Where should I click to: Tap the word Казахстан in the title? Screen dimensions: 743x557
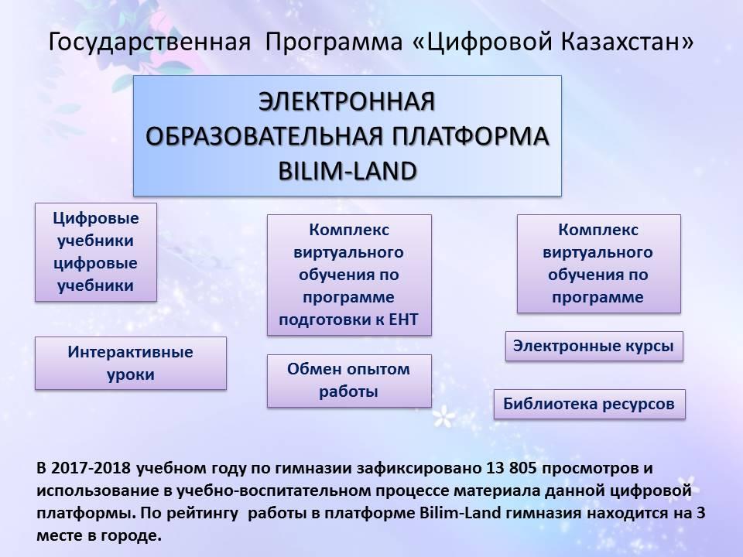pyautogui.click(x=628, y=42)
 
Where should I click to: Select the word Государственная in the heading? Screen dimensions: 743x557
pyautogui.click(x=149, y=43)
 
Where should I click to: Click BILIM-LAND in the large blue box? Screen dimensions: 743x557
pyautogui.click(x=348, y=171)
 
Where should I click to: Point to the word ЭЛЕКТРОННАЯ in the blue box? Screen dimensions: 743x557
pyautogui.click(x=347, y=101)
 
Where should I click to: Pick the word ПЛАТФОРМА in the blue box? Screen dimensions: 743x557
pyautogui.click(x=471, y=136)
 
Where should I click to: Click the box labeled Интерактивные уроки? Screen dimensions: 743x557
pyautogui.click(x=130, y=364)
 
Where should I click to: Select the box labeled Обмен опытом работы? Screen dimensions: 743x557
pyautogui.click(x=349, y=381)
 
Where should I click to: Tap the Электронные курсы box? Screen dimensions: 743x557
pyautogui.click(x=594, y=347)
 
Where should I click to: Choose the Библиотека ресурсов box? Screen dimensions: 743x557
pyautogui.click(x=590, y=404)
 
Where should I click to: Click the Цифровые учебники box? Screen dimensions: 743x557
pyautogui.click(x=96, y=252)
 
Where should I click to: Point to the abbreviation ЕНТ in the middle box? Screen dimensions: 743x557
pyautogui.click(x=403, y=320)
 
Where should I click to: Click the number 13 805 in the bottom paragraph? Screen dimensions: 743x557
pyautogui.click(x=512, y=468)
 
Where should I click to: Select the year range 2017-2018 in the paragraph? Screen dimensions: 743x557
pyautogui.click(x=91, y=468)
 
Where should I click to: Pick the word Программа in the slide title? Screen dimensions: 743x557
pyautogui.click(x=334, y=43)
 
